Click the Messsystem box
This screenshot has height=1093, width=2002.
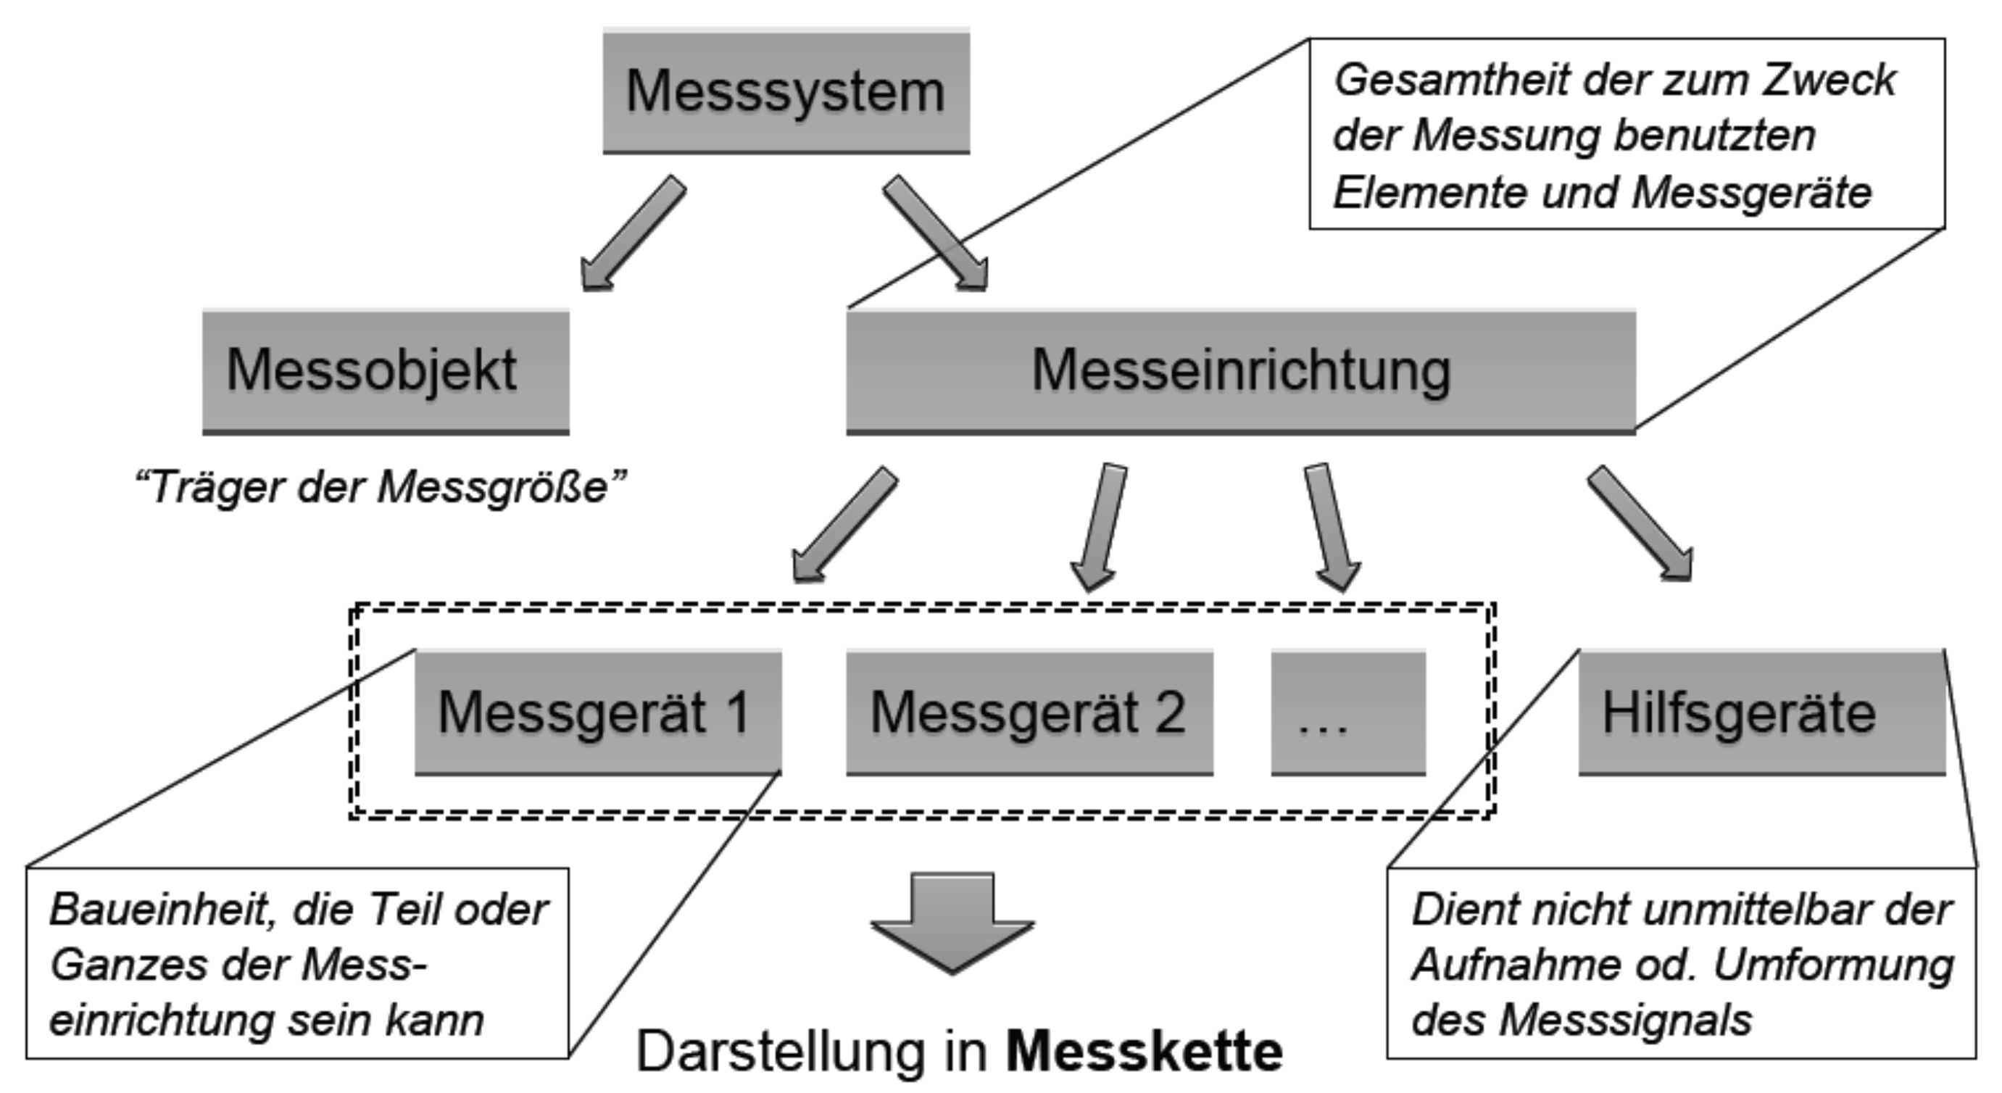click(786, 91)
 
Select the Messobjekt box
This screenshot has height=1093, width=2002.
click(386, 371)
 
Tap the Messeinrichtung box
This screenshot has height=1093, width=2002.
click(1240, 371)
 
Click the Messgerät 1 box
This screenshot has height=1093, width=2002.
click(597, 712)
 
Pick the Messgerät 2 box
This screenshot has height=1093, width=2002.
click(1029, 712)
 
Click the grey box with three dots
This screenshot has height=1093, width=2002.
click(1347, 712)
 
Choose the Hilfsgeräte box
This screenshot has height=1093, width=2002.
click(1761, 712)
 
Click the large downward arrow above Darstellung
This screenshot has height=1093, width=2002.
click(952, 925)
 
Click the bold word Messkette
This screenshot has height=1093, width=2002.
click(1144, 1051)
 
